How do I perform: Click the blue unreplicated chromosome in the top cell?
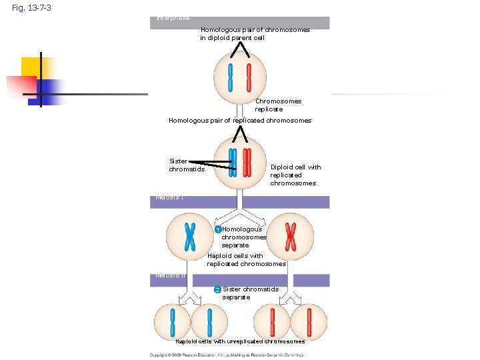[231, 77]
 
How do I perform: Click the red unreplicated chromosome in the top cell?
[249, 77]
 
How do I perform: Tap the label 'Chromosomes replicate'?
[278, 105]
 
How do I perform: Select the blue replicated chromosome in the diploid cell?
[233, 162]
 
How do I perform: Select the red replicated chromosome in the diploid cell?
[247, 162]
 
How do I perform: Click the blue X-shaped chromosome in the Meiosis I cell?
[190, 236]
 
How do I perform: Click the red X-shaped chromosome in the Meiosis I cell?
[291, 236]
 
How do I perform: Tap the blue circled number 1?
[217, 230]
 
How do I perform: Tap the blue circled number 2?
[217, 289]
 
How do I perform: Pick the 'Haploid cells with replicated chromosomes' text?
[246, 260]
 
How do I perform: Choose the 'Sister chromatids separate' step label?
[250, 293]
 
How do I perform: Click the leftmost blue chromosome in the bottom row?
[172, 322]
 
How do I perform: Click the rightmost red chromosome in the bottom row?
[309, 322]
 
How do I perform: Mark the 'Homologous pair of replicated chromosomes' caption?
[240, 121]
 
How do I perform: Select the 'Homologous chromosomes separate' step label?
[244, 237]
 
